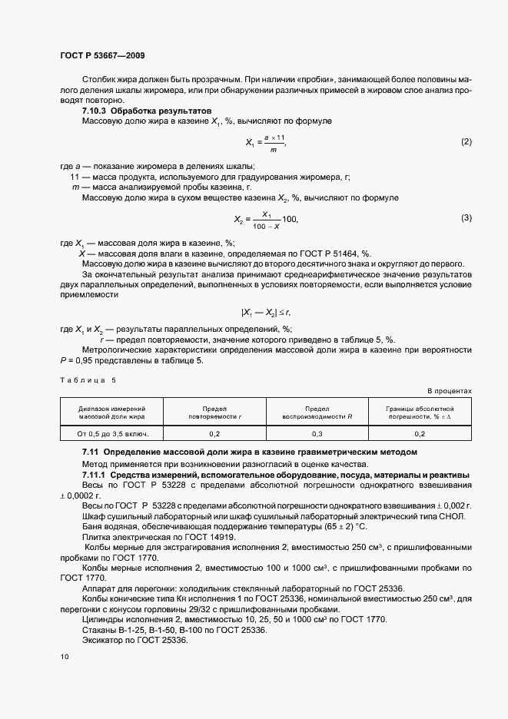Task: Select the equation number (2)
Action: pos(466,142)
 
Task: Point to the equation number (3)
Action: pos(466,219)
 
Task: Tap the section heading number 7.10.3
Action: pos(95,111)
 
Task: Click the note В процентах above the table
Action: pos(450,391)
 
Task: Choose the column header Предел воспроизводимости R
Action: pos(317,413)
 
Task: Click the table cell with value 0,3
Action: pos(317,434)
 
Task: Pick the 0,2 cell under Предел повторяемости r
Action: pos(214,434)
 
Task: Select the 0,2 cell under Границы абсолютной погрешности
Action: pos(420,434)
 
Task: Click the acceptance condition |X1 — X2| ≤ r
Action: pos(266,312)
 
